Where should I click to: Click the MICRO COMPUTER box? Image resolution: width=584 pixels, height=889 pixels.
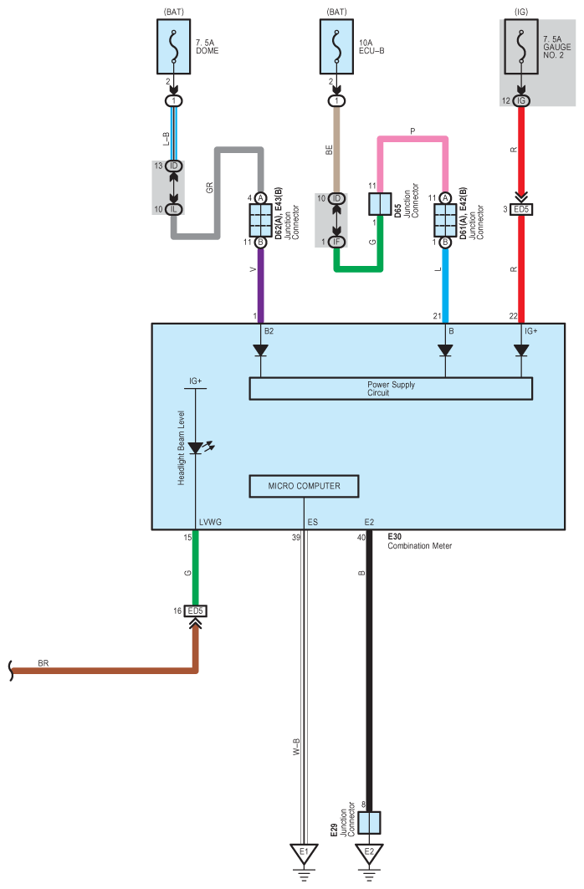pos(305,487)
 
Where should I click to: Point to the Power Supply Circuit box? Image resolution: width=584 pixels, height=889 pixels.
pos(391,388)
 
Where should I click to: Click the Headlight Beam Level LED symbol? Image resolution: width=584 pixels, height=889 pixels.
pos(196,448)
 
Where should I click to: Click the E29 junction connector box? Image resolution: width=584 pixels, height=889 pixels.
pos(369,823)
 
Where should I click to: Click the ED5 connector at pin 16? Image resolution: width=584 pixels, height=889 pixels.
pos(196,611)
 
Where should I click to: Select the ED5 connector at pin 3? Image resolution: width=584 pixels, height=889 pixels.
pos(522,209)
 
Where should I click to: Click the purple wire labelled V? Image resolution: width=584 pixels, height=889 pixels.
pos(260,284)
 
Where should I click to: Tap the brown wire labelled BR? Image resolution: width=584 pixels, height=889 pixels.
pos(100,669)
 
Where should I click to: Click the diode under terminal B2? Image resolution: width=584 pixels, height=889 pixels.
pos(260,350)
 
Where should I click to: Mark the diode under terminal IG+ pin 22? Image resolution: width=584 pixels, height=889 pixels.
pos(521,350)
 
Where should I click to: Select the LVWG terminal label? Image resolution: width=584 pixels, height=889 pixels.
pos(211,522)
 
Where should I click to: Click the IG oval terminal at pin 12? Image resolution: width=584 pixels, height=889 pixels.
pos(521,100)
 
